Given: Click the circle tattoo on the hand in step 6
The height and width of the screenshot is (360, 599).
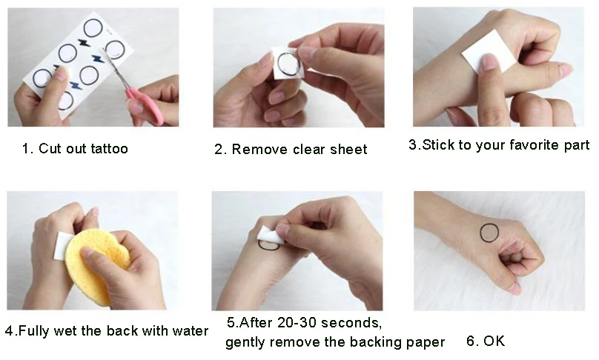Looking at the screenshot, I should [x=489, y=233].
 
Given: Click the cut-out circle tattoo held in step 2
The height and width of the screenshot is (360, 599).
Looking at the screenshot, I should [x=288, y=64].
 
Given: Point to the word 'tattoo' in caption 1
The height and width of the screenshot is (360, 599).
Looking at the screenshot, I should [x=108, y=149].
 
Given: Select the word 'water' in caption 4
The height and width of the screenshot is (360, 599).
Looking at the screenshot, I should [x=190, y=330].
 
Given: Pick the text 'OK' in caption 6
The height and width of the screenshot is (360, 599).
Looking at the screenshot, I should [x=494, y=341].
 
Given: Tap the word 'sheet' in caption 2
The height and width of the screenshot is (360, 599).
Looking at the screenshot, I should [x=349, y=150].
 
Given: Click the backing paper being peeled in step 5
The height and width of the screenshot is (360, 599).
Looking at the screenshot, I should [x=271, y=236].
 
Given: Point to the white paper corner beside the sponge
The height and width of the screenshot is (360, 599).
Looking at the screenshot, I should [x=63, y=244].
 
